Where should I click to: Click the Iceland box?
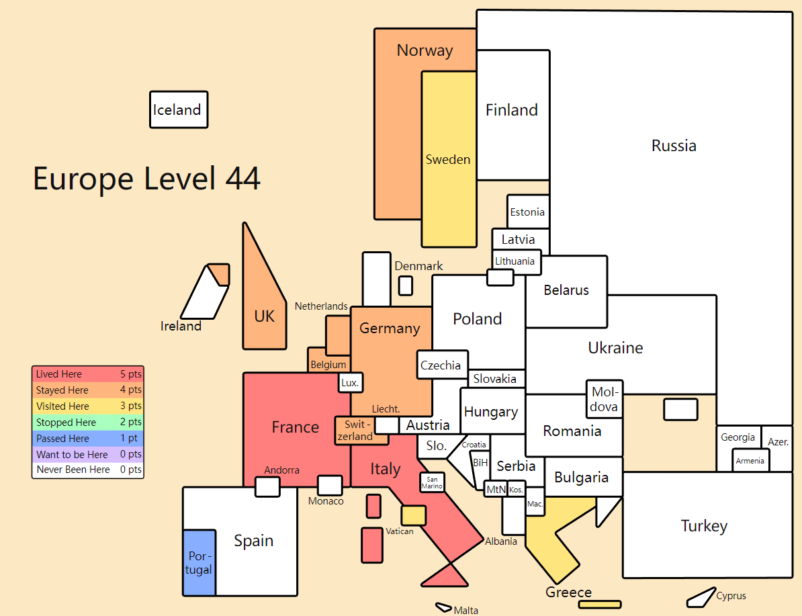pos(179,109)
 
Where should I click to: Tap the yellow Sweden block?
pos(449,159)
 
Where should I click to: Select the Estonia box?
pos(528,212)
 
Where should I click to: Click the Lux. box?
pos(351,382)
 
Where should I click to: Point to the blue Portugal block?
pos(199,563)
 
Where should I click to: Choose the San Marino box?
pos(432,482)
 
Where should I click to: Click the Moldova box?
pos(604,399)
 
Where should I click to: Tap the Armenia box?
pos(750,460)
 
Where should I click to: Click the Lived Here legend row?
pos(88,374)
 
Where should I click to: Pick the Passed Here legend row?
pos(88,438)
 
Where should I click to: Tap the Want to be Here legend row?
pos(88,454)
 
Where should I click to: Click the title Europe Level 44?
pos(147,178)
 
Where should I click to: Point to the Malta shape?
pos(443,607)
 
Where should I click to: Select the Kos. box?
pos(516,489)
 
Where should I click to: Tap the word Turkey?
pos(704,526)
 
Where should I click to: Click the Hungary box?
pos(492,411)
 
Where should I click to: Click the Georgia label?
pos(738,437)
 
